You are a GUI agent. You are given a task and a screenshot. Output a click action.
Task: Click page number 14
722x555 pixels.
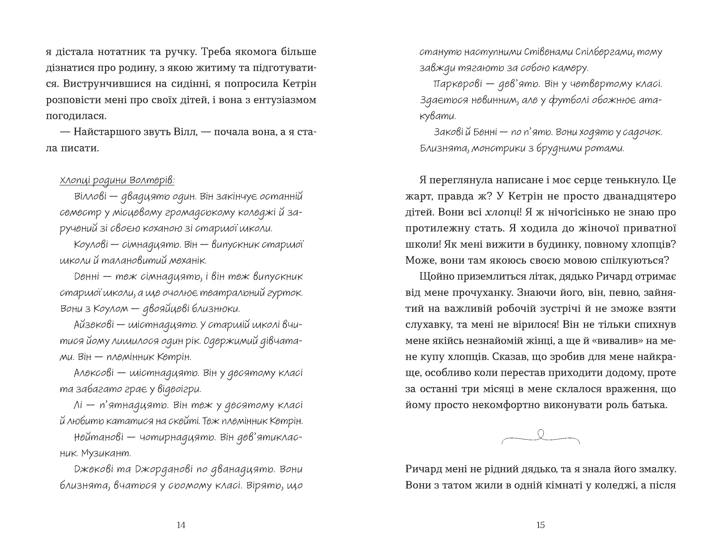181,525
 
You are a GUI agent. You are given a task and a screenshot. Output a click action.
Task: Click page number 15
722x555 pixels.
540,525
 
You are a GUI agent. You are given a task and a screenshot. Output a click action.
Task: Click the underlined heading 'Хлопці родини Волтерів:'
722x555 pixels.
117,180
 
